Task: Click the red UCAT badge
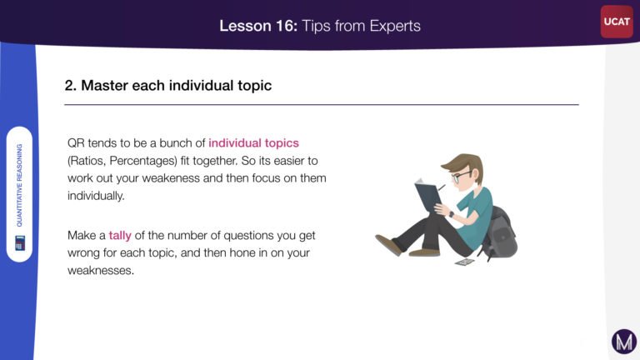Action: tap(617, 22)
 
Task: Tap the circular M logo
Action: tap(624, 341)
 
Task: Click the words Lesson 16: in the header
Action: tap(258, 26)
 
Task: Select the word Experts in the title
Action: tap(395, 26)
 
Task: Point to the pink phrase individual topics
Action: tap(253, 142)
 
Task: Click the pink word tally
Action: tap(120, 236)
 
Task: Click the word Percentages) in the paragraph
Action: tap(143, 161)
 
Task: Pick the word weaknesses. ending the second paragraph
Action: tap(100, 270)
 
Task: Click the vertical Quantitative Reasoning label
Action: tap(19, 185)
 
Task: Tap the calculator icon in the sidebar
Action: tap(20, 242)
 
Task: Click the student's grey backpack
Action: tap(500, 232)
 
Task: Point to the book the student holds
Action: tap(427, 194)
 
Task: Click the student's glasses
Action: tap(461, 176)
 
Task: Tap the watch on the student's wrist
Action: tap(451, 214)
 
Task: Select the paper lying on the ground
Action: tap(465, 262)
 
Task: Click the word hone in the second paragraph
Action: tap(240, 253)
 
